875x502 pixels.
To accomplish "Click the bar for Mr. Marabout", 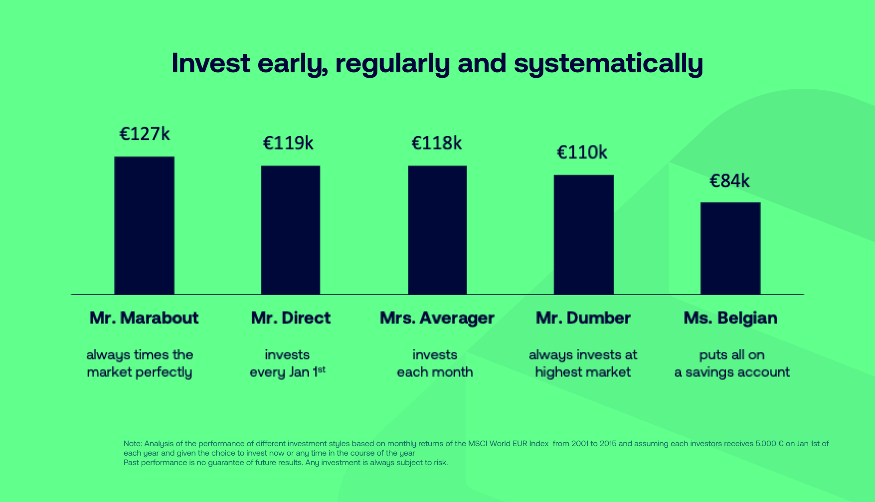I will click(x=144, y=225).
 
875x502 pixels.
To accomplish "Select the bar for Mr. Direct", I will click(x=291, y=230).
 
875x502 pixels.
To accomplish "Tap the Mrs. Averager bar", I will click(x=437, y=230).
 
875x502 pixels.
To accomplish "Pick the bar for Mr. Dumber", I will click(x=583, y=234).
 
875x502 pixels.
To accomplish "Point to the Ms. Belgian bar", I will click(x=730, y=248).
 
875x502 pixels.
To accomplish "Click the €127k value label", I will click(x=145, y=134).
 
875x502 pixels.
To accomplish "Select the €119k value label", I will click(x=288, y=144).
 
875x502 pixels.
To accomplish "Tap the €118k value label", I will click(x=436, y=144).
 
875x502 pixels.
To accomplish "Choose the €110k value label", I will click(x=582, y=153).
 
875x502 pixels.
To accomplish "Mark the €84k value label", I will click(x=729, y=181).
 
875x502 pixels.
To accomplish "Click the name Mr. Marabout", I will click(x=144, y=318).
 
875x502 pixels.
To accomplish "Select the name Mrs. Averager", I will click(x=437, y=318).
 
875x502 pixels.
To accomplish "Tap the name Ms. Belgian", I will click(x=730, y=318).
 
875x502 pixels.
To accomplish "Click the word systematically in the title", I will click(x=608, y=64).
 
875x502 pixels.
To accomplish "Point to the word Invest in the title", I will click(x=211, y=63).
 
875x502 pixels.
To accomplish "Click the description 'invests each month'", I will click(x=435, y=363).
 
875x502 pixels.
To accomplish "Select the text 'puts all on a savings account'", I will click(x=732, y=363).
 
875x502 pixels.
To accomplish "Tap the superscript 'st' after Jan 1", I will click(x=322, y=369).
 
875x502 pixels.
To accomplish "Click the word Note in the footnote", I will click(x=132, y=444).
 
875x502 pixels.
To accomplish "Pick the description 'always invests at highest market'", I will click(x=583, y=363).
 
